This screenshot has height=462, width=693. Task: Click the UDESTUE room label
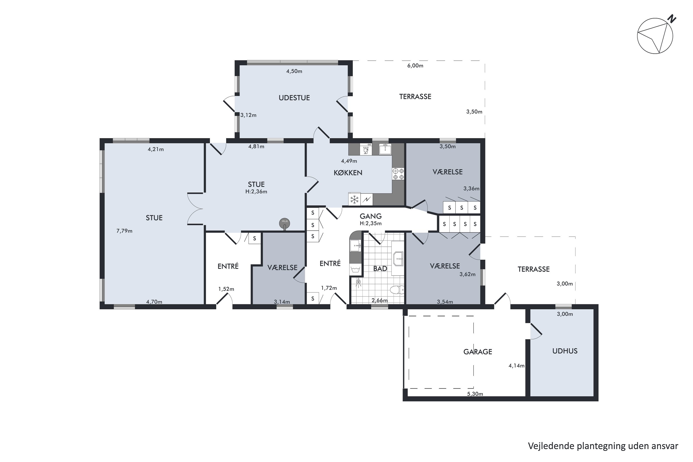click(294, 98)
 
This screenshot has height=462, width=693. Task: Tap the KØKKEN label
click(348, 173)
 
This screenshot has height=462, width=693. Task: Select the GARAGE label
click(478, 352)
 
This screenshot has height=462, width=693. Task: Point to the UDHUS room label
click(565, 351)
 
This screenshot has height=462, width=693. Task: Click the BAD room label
click(380, 268)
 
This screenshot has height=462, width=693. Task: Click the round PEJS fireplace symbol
click(285, 223)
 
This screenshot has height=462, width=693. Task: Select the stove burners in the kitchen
click(398, 174)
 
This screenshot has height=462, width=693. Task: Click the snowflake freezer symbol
click(354, 200)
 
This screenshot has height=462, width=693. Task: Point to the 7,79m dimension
click(124, 231)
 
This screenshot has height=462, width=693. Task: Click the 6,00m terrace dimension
click(415, 66)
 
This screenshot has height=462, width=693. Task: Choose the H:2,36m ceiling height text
click(256, 191)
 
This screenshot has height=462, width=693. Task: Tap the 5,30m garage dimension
click(475, 394)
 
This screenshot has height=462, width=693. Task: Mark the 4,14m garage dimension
click(517, 366)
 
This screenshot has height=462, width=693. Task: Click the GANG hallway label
click(371, 216)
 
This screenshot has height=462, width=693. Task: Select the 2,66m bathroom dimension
click(380, 301)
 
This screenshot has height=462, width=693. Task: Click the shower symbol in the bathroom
click(358, 282)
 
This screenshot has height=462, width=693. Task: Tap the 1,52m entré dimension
click(226, 289)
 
